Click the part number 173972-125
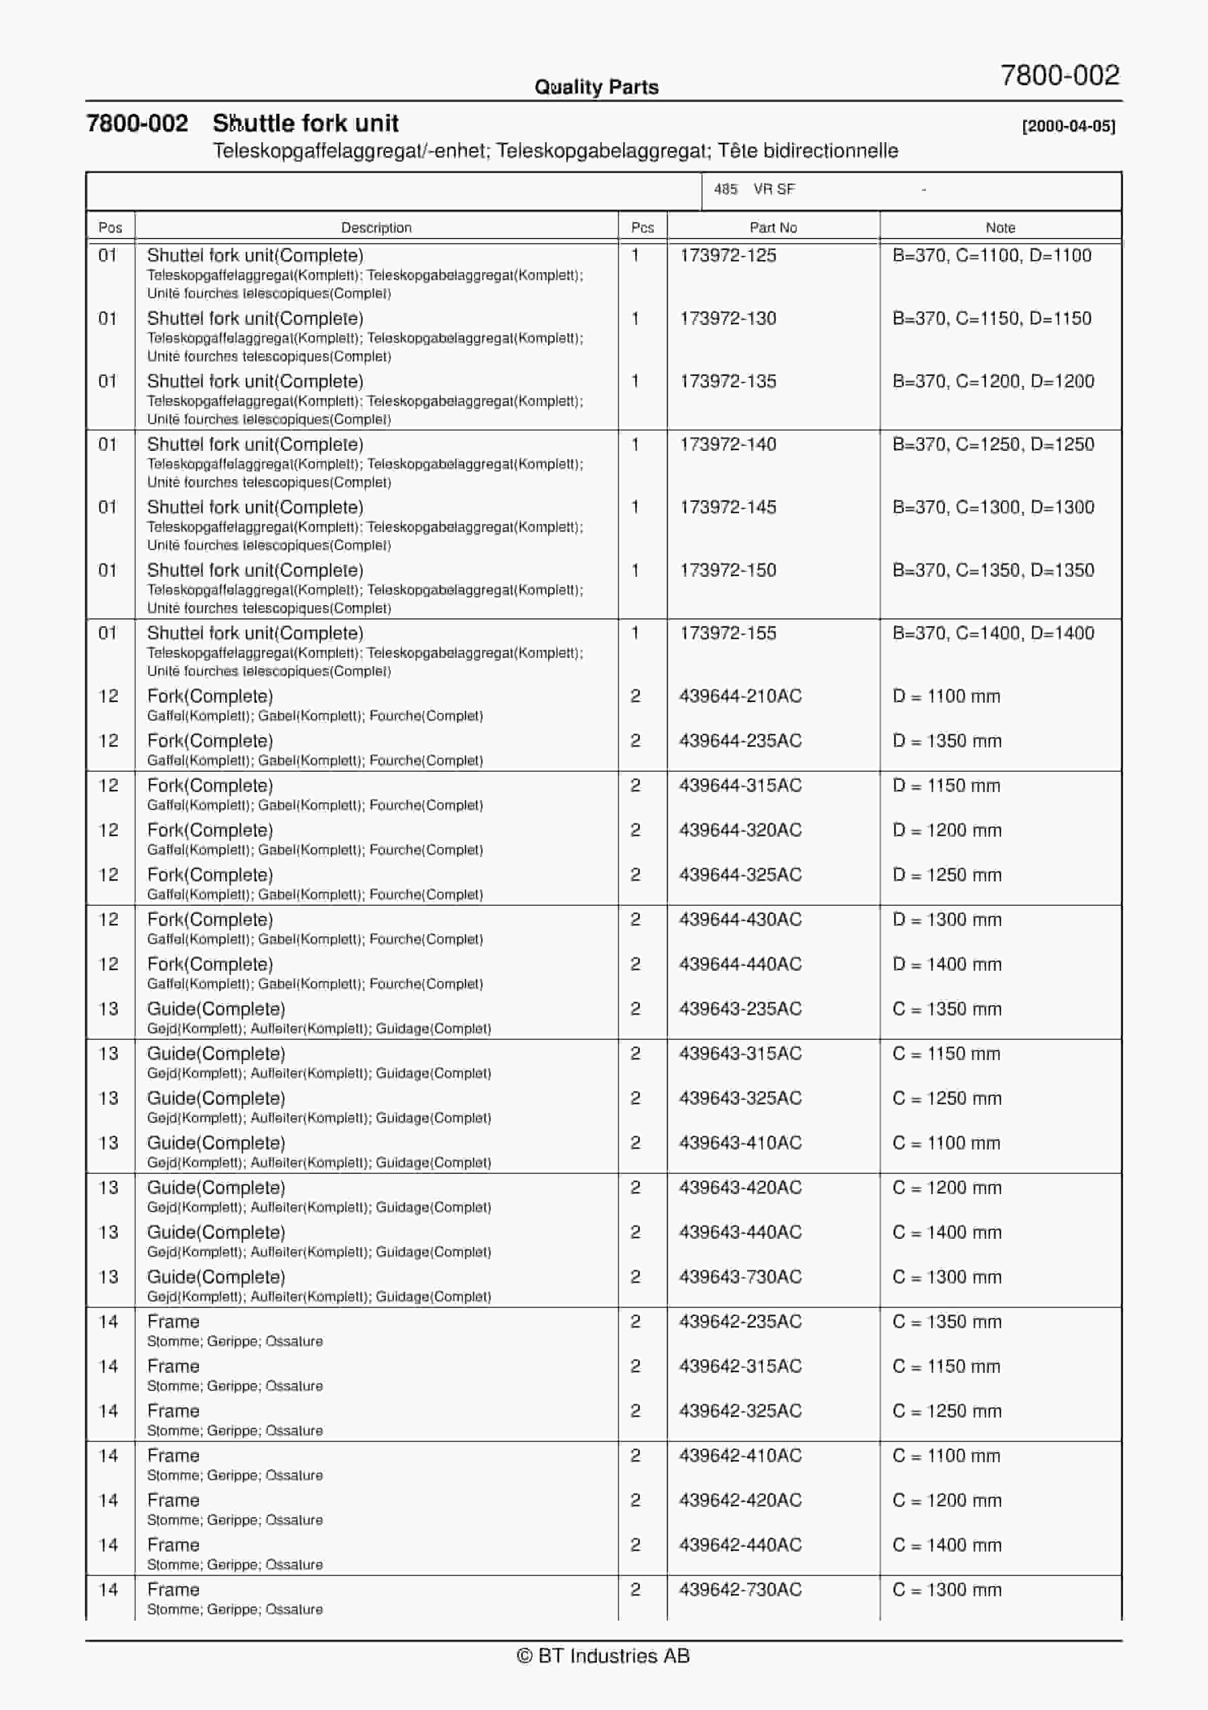pos(728,255)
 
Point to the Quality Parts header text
pos(596,87)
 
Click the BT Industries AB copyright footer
pos(603,1656)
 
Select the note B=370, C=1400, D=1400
pos(993,633)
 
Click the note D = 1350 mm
pos(947,741)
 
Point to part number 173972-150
pos(728,571)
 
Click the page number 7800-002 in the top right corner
pos(1060,75)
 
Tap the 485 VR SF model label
pos(754,189)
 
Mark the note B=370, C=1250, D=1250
pos(993,445)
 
